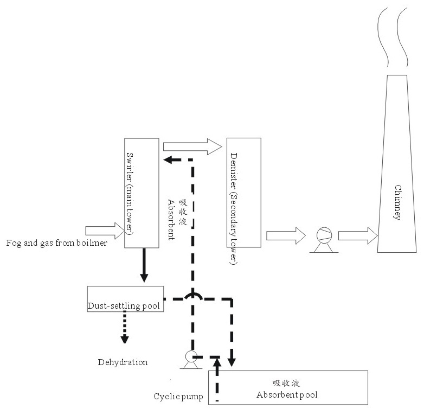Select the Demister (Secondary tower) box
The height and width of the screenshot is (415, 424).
pyautogui.click(x=243, y=192)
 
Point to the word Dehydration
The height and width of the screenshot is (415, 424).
pyautogui.click(x=123, y=362)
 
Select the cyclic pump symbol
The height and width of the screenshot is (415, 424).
pyautogui.click(x=190, y=359)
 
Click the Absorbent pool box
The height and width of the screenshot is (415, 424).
pyautogui.click(x=288, y=386)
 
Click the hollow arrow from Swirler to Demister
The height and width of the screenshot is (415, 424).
pyautogui.click(x=192, y=146)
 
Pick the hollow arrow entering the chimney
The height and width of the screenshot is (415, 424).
pyautogui.click(x=357, y=236)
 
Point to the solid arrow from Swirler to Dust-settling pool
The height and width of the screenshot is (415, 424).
pyautogui.click(x=144, y=265)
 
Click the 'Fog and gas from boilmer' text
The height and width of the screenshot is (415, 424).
pyautogui.click(x=56, y=243)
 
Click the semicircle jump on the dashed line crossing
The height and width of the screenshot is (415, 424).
pyautogui.click(x=192, y=296)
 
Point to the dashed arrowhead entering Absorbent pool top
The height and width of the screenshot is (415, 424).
pyautogui.click(x=233, y=360)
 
